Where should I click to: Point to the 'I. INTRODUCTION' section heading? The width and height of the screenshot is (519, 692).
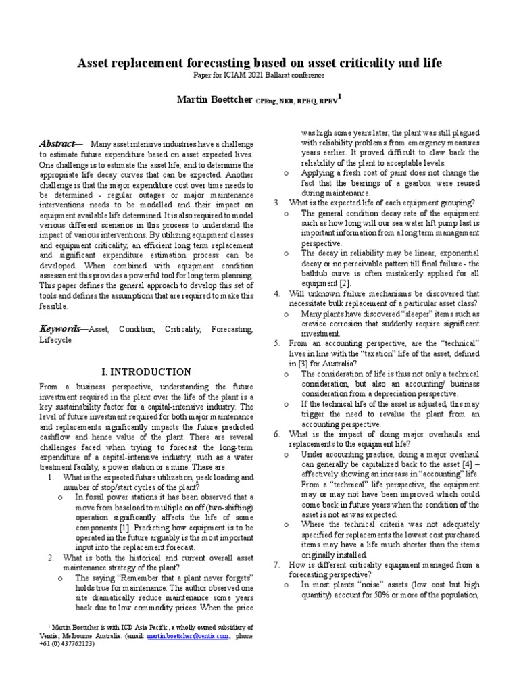[146, 372]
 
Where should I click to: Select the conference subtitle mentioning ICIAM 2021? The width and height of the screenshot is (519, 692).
[259, 76]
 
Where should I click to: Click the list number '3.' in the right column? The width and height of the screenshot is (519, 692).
[277, 203]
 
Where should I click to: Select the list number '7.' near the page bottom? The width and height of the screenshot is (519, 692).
[277, 564]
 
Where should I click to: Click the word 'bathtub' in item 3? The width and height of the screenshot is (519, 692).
[316, 273]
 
